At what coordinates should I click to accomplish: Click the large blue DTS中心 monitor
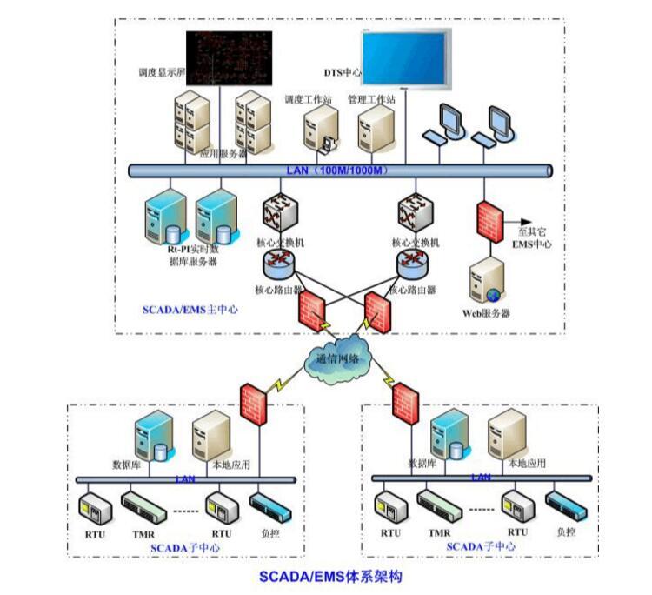point(407,58)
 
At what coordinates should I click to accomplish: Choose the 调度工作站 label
point(308,100)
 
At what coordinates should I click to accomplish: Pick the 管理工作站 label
point(371,100)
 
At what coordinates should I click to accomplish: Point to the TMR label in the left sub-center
point(142,533)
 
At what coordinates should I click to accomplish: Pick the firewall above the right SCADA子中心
point(405,400)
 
